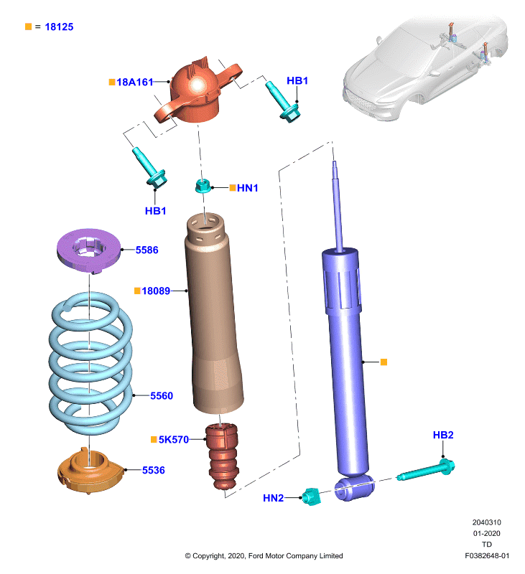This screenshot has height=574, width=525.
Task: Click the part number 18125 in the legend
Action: click(59, 27)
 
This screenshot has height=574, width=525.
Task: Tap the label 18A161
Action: click(134, 82)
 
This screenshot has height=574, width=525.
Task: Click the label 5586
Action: click(147, 250)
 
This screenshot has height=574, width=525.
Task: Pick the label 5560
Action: click(162, 396)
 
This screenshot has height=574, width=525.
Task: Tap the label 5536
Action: click(154, 470)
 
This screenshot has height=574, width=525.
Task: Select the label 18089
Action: click(156, 291)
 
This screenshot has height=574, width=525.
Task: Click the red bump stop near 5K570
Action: click(223, 456)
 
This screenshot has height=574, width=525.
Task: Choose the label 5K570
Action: click(174, 439)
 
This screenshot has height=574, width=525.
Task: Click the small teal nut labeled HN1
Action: click(203, 186)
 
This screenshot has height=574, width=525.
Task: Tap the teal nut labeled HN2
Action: click(311, 497)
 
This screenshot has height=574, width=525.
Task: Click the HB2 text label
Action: click(443, 435)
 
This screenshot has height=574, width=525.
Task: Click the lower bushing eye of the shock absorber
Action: click(354, 488)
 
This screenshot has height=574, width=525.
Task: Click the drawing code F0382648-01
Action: click(487, 555)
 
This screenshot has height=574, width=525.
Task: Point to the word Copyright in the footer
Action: click(209, 556)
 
